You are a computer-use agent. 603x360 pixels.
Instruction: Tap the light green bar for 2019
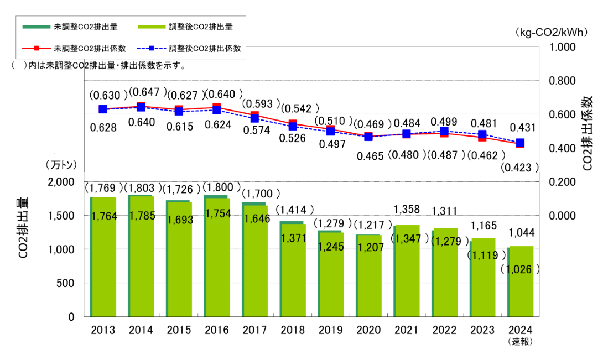331,276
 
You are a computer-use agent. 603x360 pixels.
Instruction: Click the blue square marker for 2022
444,132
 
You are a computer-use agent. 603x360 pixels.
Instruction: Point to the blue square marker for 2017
255,118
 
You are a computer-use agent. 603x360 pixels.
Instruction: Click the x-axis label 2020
369,330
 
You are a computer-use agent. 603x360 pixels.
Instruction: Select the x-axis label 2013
103,330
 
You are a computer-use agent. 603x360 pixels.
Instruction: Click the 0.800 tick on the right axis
563,81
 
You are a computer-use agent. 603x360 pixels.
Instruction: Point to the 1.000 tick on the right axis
563,47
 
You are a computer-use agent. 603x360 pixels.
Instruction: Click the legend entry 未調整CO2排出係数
81,48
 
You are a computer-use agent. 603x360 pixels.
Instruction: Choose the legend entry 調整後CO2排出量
201,26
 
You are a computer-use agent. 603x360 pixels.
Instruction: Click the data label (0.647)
147,92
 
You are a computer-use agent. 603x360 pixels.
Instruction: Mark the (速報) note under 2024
520,342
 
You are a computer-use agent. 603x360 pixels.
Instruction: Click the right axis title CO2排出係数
588,133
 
